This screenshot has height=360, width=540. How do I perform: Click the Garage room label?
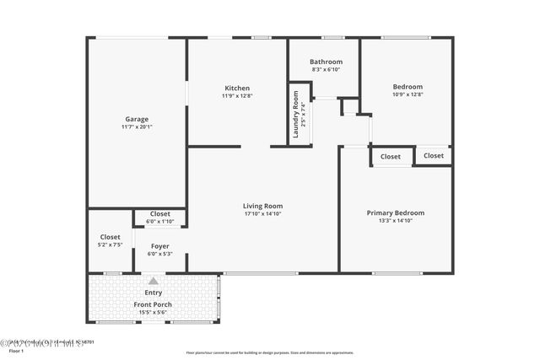pos(137,119)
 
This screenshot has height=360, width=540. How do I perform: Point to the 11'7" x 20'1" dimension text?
pos(137,127)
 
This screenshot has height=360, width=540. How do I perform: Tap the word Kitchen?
pos(237,88)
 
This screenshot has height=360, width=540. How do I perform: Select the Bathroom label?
pos(326,62)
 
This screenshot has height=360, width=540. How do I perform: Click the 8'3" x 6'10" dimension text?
pos(326,69)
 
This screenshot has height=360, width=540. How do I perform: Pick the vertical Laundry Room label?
pos(296,114)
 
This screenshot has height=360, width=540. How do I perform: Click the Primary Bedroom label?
pos(395,213)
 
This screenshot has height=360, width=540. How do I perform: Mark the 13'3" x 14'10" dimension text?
pos(395,221)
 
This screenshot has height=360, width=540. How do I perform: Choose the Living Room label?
pos(262,206)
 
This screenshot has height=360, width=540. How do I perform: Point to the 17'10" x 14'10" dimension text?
pos(262,213)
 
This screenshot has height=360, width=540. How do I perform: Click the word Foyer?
pos(160,246)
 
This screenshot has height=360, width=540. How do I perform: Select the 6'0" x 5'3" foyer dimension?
pos(160,254)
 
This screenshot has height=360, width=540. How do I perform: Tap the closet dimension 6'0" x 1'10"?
pos(160,222)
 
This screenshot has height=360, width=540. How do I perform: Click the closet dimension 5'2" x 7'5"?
pos(111,244)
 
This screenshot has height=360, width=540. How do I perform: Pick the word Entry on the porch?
pos(154,292)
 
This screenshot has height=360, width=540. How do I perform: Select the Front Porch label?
pos(153,304)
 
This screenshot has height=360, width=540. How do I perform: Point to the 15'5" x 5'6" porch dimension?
pos(153,312)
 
